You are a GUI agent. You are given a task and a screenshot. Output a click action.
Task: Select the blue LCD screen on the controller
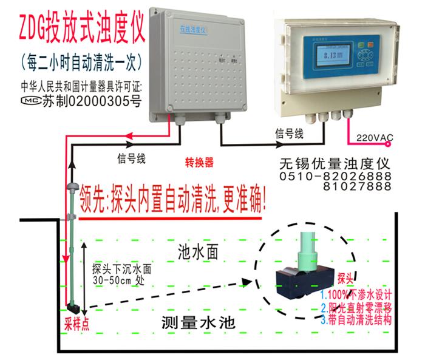click(331, 58)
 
